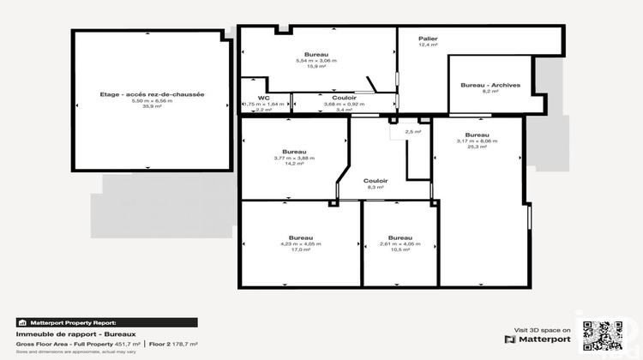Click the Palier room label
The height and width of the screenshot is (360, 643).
[x=428, y=39]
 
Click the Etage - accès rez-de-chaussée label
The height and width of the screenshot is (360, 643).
[x=152, y=94]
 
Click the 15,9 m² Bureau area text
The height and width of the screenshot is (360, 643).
[x=315, y=66]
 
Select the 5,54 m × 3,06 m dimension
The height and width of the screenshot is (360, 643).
[x=315, y=60]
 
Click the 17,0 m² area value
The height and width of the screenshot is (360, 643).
[x=300, y=249]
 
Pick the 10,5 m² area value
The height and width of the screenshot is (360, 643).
[x=400, y=249]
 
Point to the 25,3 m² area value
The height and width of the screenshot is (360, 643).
[x=478, y=147]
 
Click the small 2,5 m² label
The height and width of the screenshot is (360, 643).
[x=412, y=132]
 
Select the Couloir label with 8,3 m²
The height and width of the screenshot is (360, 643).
[x=376, y=181]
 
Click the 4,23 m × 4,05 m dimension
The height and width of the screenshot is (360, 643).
[x=300, y=243]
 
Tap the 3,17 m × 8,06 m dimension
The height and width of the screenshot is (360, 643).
[x=478, y=141]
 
